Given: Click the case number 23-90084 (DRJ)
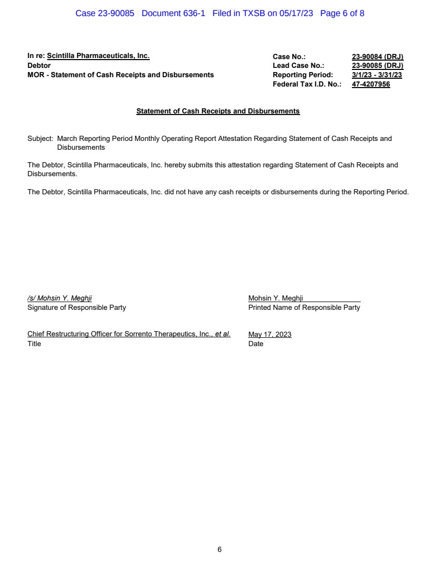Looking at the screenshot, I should coord(377,56).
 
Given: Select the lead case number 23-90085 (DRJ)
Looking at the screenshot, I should coord(377,66).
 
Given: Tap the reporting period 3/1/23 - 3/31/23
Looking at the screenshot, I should coord(377,75).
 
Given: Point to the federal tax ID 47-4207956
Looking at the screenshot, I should coord(371,84).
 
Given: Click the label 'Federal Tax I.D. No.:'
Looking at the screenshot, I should coord(307,84).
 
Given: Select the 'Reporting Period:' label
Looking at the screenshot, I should coord(303,75).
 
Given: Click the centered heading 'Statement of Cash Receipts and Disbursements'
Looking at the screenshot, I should coord(218,111).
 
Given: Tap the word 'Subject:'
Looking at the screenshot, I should coord(40,139).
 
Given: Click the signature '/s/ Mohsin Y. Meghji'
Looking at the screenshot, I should coord(60,298).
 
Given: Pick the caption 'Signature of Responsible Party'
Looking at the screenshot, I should coord(77,308).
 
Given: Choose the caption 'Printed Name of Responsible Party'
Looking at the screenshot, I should coord(304,308).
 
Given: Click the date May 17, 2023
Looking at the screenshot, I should coord(270,335).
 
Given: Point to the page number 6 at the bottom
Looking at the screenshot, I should coord(220,550).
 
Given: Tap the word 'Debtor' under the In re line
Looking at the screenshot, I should coord(39,66).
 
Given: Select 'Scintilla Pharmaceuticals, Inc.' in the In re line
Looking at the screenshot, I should coord(98,56).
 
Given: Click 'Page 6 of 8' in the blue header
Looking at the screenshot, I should coord(342,13).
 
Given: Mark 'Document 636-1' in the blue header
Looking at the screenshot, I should coord(173,13).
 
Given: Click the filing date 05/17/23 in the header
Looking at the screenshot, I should coord(296,13).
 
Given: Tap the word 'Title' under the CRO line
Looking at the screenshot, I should coord(34,344).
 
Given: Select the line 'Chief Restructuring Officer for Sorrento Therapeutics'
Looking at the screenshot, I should coord(129,335).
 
